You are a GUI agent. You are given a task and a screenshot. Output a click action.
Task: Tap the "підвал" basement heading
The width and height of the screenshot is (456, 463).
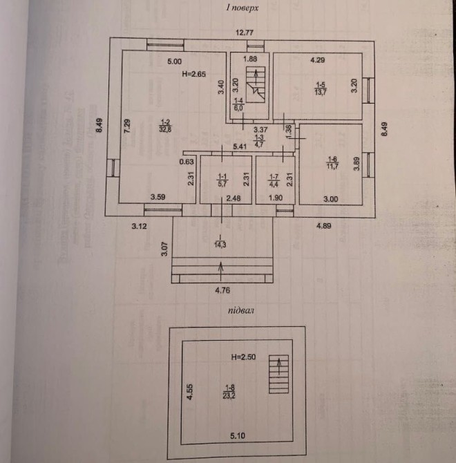pos(241,311)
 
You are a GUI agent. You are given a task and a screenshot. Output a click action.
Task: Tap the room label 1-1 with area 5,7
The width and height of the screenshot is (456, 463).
pos(222,180)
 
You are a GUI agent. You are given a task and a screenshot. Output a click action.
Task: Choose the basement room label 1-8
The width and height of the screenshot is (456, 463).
pos(229,391)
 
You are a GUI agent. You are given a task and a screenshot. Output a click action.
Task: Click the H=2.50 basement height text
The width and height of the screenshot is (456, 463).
pos(243,357)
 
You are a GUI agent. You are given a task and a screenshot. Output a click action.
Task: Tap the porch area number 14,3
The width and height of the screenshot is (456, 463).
pos(221,243)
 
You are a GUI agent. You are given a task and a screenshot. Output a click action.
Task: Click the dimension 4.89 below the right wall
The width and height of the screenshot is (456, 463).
pos(327,225)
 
